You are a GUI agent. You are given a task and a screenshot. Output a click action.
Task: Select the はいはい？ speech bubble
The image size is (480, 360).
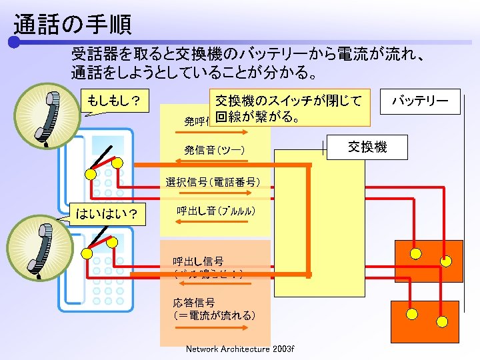click(107, 213)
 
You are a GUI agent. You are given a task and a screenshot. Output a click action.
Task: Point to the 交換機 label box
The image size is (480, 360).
click(367, 147)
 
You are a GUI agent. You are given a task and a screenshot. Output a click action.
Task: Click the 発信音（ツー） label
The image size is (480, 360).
click(215, 151)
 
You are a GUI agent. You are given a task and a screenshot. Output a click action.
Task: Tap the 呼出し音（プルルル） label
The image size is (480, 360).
click(215, 211)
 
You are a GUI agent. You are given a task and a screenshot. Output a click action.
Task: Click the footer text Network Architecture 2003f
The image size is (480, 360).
click(239, 349)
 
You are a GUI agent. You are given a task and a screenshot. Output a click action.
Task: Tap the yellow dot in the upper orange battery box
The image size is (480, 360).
click(415, 254)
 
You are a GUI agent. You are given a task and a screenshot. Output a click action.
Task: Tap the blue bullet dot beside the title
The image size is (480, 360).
click(14, 43)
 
